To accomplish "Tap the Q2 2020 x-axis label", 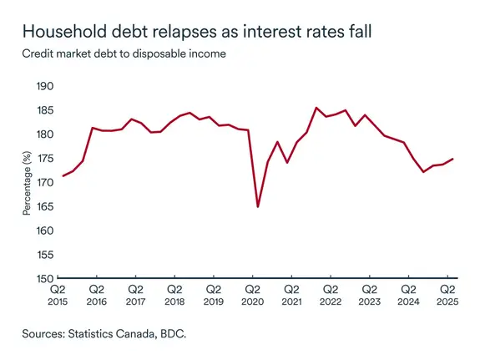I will tap(253, 293).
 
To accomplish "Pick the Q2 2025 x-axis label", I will tap(447, 293).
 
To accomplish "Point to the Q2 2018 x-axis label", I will tap(174, 293).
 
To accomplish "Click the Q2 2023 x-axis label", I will tap(369, 293).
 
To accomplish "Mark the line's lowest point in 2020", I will tap(258, 206).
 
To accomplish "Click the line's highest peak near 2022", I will tap(316, 108).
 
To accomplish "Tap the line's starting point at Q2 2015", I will tap(63, 175).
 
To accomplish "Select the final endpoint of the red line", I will tap(453, 159).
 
